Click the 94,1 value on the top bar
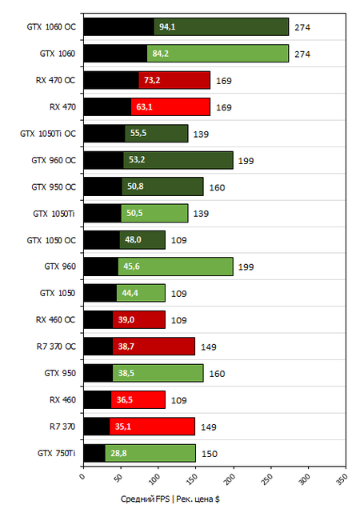click(168, 27)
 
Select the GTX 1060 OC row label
click(50, 27)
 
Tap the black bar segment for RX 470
click(107, 106)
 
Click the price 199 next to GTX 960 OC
click(246, 160)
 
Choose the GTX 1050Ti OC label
click(47, 134)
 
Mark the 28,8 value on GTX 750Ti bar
click(118, 453)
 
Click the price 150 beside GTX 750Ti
click(208, 453)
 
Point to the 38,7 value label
click(126, 347)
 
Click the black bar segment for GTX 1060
click(115, 54)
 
